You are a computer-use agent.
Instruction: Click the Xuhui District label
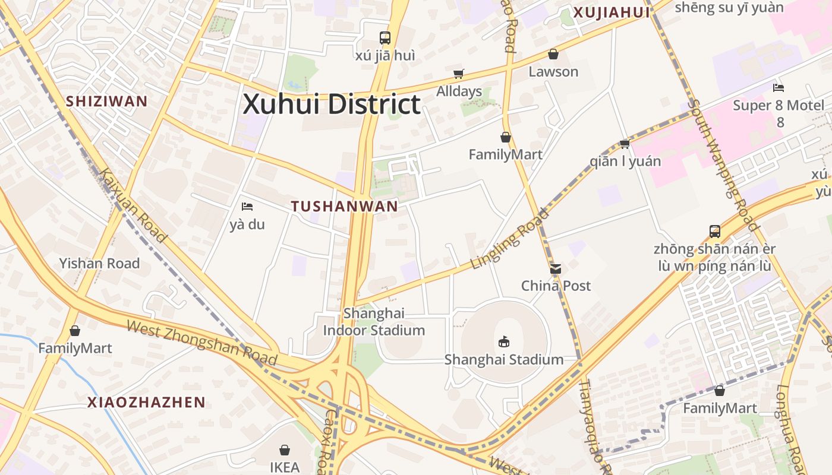[x=332, y=104]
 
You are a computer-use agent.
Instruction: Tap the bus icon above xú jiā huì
[x=385, y=38]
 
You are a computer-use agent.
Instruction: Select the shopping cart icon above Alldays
[x=458, y=74]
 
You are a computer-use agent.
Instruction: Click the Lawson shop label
[x=553, y=71]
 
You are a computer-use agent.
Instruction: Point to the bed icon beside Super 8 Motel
[x=779, y=88]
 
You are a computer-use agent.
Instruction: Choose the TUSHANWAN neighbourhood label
[x=345, y=206]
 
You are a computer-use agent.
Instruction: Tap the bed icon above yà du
[x=247, y=207]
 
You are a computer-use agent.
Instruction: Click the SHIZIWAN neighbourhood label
[x=106, y=101]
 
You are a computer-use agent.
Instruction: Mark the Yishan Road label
[x=99, y=263]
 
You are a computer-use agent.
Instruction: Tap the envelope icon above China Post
[x=556, y=269]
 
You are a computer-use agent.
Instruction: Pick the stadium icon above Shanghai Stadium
[x=504, y=341]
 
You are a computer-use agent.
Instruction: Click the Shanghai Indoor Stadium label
[x=374, y=322]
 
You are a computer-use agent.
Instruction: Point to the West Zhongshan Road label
[x=202, y=343]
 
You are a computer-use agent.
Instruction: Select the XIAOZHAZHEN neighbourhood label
[x=146, y=402]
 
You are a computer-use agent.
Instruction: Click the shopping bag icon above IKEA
[x=285, y=450]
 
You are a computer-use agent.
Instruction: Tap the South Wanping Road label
[x=726, y=164]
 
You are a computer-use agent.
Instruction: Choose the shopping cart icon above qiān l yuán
[x=625, y=144]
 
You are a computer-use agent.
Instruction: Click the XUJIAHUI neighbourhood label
[x=612, y=12]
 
